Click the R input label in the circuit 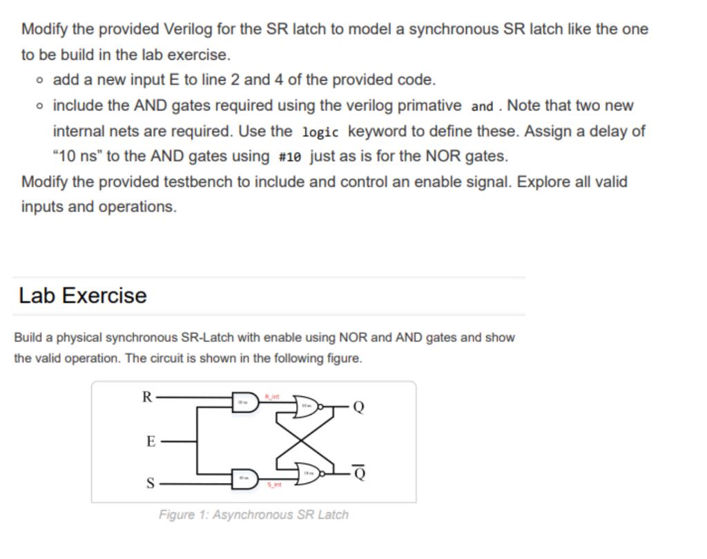146,397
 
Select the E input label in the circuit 151,442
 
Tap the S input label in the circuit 150,483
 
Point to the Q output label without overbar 357,407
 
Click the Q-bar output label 358,472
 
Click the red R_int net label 273,396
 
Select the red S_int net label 275,486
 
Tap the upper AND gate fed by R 244,403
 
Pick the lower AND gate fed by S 244,478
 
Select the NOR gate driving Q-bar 306,473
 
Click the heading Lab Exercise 83,295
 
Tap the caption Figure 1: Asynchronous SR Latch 253,515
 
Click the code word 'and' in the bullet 482,106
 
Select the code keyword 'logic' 320,132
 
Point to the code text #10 290,157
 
